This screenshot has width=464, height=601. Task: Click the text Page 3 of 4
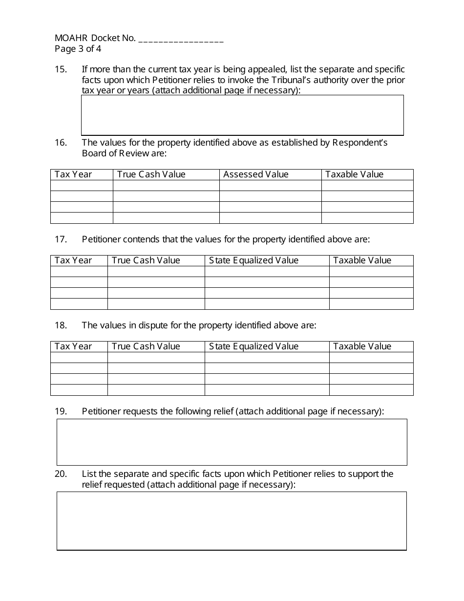point(78,49)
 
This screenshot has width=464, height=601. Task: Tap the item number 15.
point(61,69)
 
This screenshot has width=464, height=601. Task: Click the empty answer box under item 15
point(242,115)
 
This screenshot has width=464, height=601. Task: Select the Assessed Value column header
point(256,174)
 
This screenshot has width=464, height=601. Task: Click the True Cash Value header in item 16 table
point(151,174)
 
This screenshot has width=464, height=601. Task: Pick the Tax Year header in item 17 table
point(73,260)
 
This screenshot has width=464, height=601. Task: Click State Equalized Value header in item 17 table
point(253,260)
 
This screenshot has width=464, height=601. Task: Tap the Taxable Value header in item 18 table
point(362,346)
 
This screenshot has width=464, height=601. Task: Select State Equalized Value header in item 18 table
point(253,346)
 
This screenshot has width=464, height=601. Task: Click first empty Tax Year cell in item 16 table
point(82,186)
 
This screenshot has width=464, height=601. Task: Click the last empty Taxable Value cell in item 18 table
point(371,390)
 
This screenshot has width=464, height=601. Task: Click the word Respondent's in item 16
point(360,143)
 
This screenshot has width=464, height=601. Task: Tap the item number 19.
point(61,411)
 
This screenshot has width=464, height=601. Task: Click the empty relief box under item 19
point(232,442)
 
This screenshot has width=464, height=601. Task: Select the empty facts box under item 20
point(232,520)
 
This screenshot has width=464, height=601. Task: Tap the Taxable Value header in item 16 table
point(355,174)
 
